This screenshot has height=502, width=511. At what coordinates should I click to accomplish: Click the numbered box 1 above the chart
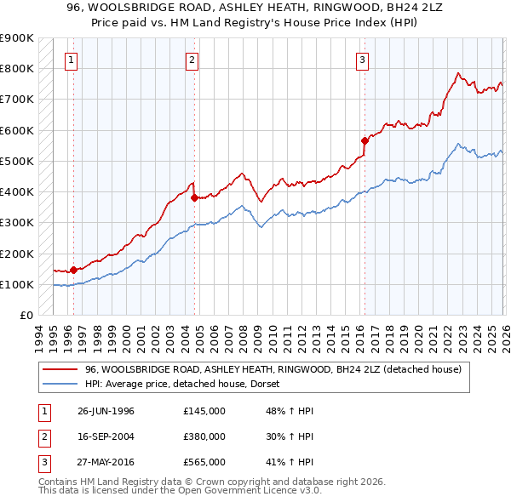point(70,60)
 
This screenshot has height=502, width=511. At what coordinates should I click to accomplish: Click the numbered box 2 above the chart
point(192,60)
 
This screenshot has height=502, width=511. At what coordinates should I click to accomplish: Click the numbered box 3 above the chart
point(362,60)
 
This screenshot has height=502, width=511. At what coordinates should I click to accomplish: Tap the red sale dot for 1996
point(73,270)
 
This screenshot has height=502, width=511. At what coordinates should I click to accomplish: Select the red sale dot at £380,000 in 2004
point(194,197)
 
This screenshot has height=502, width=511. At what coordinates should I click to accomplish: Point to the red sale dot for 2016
point(365,140)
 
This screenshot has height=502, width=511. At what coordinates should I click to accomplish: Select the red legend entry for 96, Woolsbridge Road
point(273,369)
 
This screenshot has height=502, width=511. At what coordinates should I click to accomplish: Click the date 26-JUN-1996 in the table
point(106,411)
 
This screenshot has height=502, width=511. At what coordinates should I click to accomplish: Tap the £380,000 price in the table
point(204,436)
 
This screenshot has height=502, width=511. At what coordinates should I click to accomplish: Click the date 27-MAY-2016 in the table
point(106,462)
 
